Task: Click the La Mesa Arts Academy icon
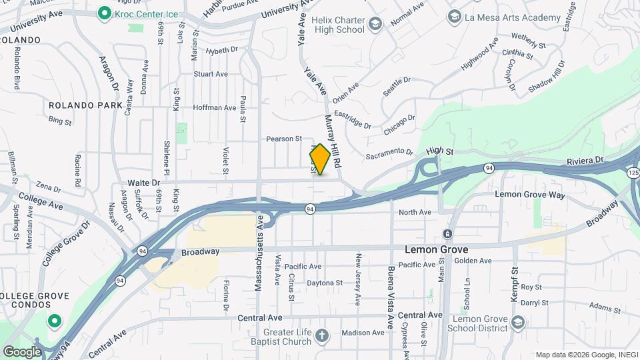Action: coord(454,17)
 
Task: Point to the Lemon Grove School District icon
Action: coord(519,322)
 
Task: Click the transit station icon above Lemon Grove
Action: coord(447,234)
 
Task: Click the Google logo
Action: coord(22,351)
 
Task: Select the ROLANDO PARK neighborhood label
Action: coord(85,105)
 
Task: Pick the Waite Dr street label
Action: coord(145,182)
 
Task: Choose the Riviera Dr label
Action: coord(585,161)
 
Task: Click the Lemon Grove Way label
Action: coord(530,195)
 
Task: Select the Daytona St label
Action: coord(324,283)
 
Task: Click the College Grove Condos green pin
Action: coord(53,321)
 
